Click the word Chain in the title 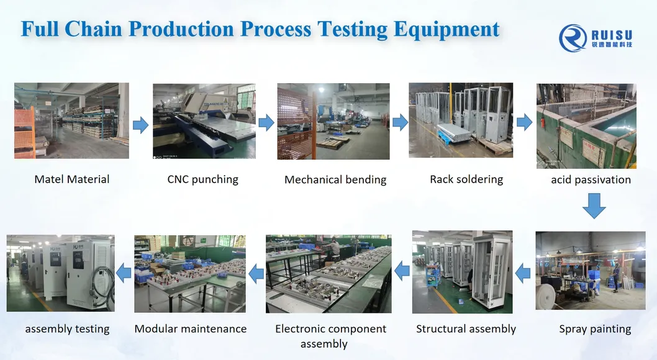click(93, 29)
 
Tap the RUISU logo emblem click(573, 38)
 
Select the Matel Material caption click(71, 179)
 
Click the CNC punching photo click(204, 121)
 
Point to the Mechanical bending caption click(335, 180)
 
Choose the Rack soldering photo click(461, 120)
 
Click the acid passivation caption click(591, 180)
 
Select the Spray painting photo click(591, 271)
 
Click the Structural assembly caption click(466, 329)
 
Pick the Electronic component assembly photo click(328, 274)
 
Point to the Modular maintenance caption click(190, 329)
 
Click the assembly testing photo click(60, 273)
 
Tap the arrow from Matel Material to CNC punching click(141, 125)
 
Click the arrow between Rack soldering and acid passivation click(525, 123)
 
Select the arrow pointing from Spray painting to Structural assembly click(523, 274)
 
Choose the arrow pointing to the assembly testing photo click(123, 273)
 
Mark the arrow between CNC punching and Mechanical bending click(266, 123)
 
